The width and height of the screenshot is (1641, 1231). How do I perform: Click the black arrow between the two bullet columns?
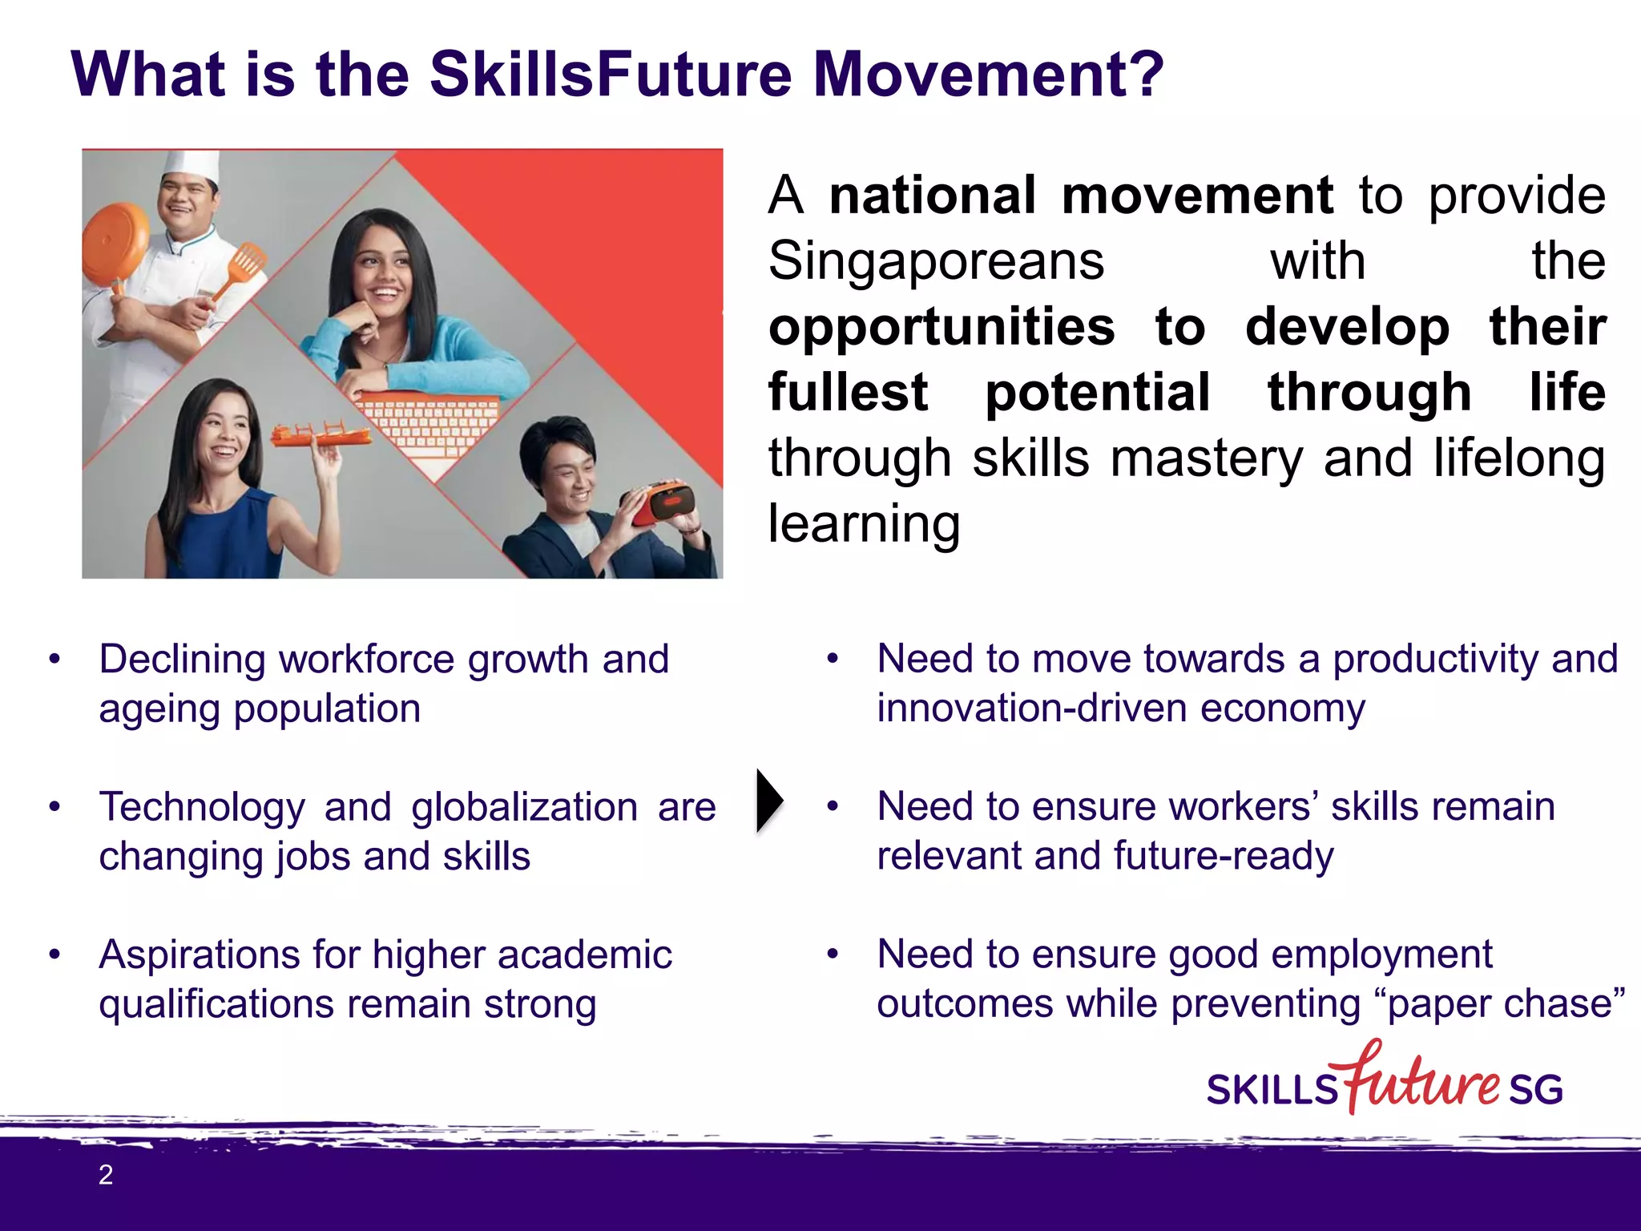(768, 801)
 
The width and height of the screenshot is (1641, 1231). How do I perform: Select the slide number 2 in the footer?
(106, 1175)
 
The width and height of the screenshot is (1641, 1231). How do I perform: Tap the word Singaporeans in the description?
(936, 261)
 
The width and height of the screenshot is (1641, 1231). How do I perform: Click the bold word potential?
(1097, 393)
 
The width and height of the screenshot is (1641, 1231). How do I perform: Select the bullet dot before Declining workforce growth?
(54, 660)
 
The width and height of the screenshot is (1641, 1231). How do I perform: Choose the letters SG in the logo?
(1535, 1089)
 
